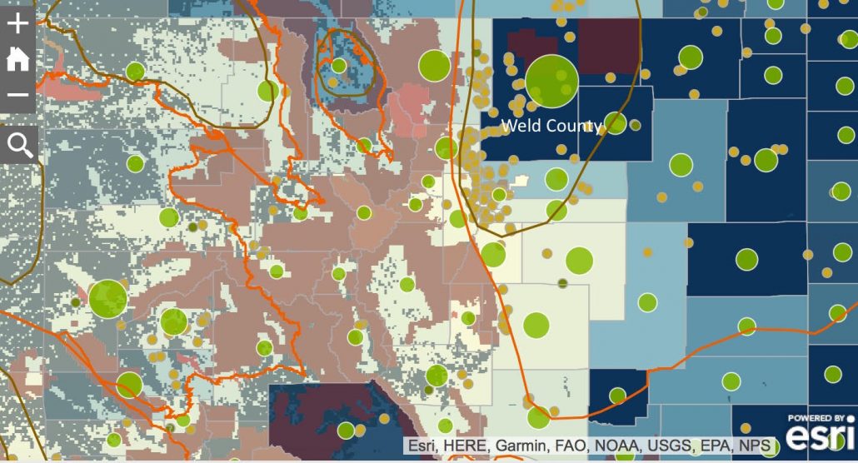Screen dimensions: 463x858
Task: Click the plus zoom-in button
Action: [x=17, y=22]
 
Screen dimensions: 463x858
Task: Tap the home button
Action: [x=17, y=59]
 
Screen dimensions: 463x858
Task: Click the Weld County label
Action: [x=551, y=126]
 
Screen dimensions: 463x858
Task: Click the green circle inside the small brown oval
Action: [x=338, y=65]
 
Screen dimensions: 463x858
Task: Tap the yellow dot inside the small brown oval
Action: [x=332, y=83]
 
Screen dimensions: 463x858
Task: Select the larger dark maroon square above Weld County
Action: [x=609, y=45]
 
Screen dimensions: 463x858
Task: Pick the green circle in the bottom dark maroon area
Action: [x=346, y=431]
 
